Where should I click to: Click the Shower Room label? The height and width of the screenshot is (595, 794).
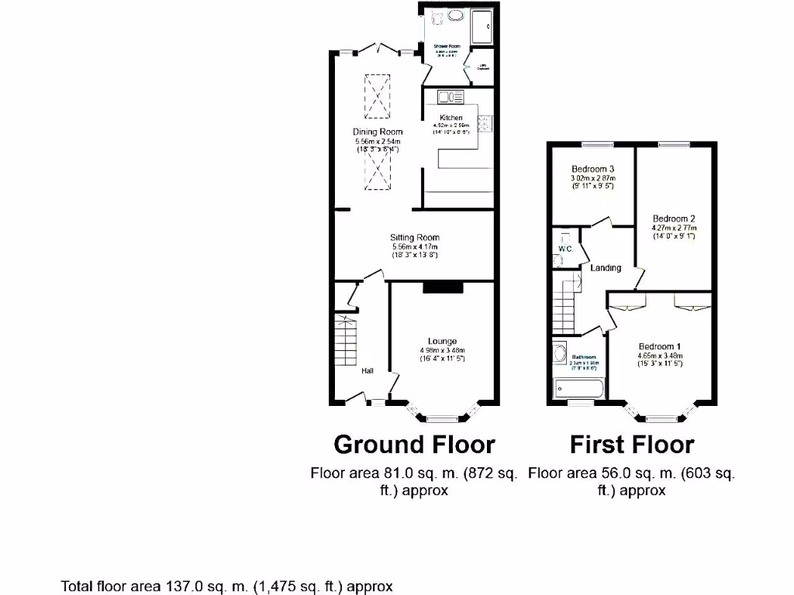[447, 46]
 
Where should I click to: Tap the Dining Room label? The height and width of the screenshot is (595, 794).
[378, 132]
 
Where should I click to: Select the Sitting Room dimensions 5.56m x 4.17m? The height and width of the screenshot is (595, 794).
[415, 247]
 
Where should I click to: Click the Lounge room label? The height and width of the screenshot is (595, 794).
[442, 341]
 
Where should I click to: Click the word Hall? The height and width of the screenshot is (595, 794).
[368, 371]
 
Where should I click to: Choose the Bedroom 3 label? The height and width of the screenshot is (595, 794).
[593, 169]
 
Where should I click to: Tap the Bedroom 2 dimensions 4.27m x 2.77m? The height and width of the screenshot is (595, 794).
[674, 228]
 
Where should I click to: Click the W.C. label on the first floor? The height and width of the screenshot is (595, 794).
[565, 249]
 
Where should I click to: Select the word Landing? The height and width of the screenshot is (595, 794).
[606, 268]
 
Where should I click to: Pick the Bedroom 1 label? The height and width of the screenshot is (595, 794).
[660, 346]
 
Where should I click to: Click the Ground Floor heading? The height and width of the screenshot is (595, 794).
[414, 445]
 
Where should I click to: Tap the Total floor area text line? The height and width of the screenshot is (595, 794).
[227, 586]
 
